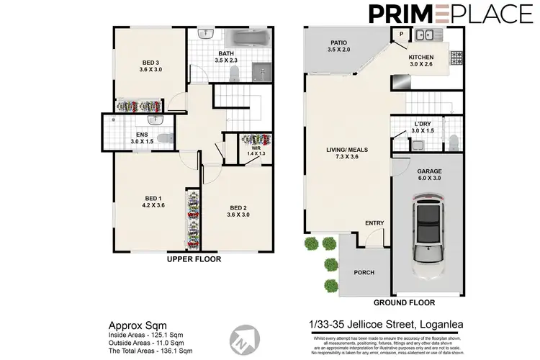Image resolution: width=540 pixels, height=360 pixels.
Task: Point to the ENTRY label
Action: click(x=374, y=222)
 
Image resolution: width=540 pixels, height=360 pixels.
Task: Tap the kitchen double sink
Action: click(x=423, y=33)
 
